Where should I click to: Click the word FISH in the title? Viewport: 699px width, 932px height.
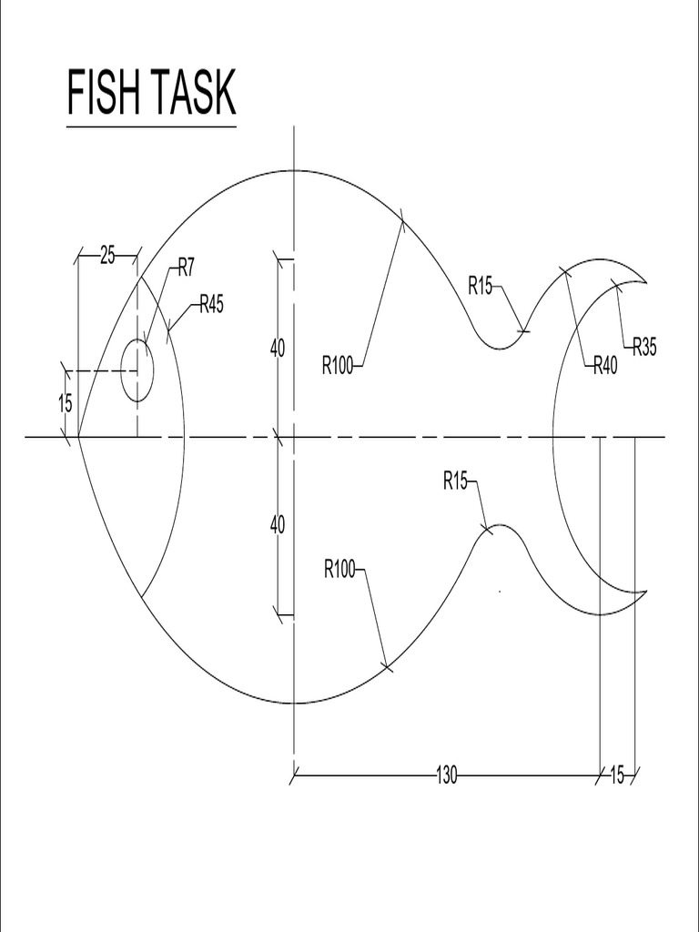click(x=106, y=93)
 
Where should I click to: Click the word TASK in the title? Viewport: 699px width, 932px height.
click(x=195, y=93)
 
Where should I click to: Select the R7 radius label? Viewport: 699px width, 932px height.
click(x=186, y=267)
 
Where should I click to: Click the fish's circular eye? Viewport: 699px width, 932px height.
click(x=137, y=370)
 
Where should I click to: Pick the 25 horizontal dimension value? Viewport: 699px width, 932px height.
click(x=107, y=256)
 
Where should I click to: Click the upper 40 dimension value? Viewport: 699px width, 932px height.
click(x=278, y=348)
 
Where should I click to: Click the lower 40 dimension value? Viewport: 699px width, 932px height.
click(x=278, y=524)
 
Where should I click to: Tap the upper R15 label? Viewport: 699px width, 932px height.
click(x=481, y=285)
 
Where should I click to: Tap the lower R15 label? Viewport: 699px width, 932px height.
click(x=455, y=481)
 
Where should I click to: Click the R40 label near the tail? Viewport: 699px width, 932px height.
click(x=605, y=366)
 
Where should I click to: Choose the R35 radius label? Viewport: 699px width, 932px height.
click(x=643, y=346)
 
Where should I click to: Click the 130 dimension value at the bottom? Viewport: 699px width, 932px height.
click(x=446, y=775)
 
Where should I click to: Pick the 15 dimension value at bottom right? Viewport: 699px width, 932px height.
click(x=617, y=775)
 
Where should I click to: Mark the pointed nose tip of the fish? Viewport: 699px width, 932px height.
click(x=79, y=437)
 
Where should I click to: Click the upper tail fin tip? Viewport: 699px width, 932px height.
click(x=645, y=281)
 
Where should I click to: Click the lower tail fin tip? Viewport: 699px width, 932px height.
click(x=645, y=593)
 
